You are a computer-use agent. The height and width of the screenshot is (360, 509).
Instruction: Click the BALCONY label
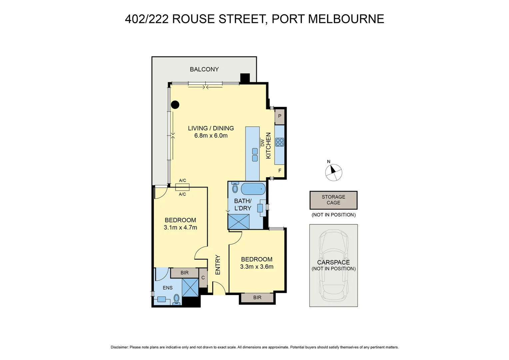[204, 69]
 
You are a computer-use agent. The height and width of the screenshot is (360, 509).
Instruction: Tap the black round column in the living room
[175, 105]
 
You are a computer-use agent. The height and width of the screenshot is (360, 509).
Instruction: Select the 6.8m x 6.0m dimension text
[211, 136]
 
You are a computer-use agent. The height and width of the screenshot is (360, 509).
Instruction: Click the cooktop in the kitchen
[279, 142]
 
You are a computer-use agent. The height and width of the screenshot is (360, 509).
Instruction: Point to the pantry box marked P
[279, 116]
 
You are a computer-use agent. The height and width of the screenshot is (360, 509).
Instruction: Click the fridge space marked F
[279, 171]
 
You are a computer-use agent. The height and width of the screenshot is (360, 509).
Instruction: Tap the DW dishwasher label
[262, 142]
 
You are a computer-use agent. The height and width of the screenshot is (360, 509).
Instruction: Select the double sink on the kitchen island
[255, 155]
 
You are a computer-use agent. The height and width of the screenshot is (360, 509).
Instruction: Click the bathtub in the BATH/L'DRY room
[253, 189]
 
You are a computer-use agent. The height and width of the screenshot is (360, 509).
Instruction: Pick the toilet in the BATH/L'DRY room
[235, 188]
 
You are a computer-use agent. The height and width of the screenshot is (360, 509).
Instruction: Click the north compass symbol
[333, 172]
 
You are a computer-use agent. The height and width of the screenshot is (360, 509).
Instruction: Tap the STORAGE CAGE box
[333, 200]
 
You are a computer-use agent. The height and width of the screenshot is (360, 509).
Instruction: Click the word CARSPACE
[333, 262]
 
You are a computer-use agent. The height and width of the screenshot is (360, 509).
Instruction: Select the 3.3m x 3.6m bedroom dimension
[256, 267]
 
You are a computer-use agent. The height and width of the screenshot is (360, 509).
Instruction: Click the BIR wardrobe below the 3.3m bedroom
[257, 297]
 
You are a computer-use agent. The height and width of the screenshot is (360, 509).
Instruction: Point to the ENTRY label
[218, 265]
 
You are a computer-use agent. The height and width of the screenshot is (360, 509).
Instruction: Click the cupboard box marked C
[203, 278]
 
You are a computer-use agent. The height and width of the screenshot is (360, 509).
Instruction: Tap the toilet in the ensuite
[177, 299]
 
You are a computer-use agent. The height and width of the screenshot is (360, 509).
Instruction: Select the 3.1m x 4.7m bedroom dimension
[180, 228]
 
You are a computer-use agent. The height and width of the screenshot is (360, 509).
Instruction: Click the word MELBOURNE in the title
[346, 19]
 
